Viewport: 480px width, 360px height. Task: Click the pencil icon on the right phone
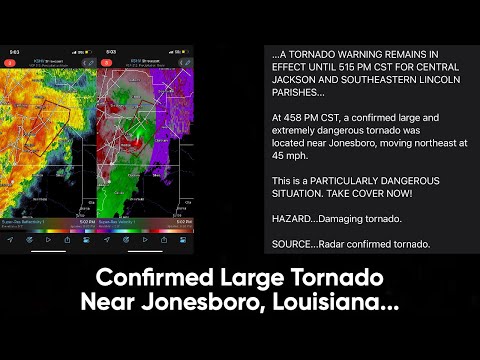point(186,62)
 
